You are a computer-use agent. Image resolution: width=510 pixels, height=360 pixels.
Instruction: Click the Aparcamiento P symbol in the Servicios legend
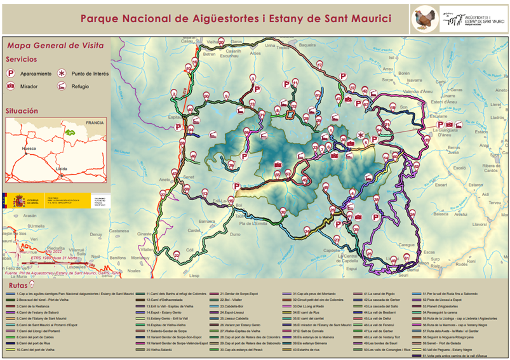click(11, 74)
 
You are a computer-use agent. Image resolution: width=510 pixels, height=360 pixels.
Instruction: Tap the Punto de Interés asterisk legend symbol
click(62, 74)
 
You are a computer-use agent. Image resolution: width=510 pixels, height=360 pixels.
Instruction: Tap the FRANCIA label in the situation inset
click(95, 123)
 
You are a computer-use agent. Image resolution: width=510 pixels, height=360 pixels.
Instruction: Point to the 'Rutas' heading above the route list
click(18, 286)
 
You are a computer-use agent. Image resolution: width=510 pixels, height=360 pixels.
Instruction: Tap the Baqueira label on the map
click(307, 46)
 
